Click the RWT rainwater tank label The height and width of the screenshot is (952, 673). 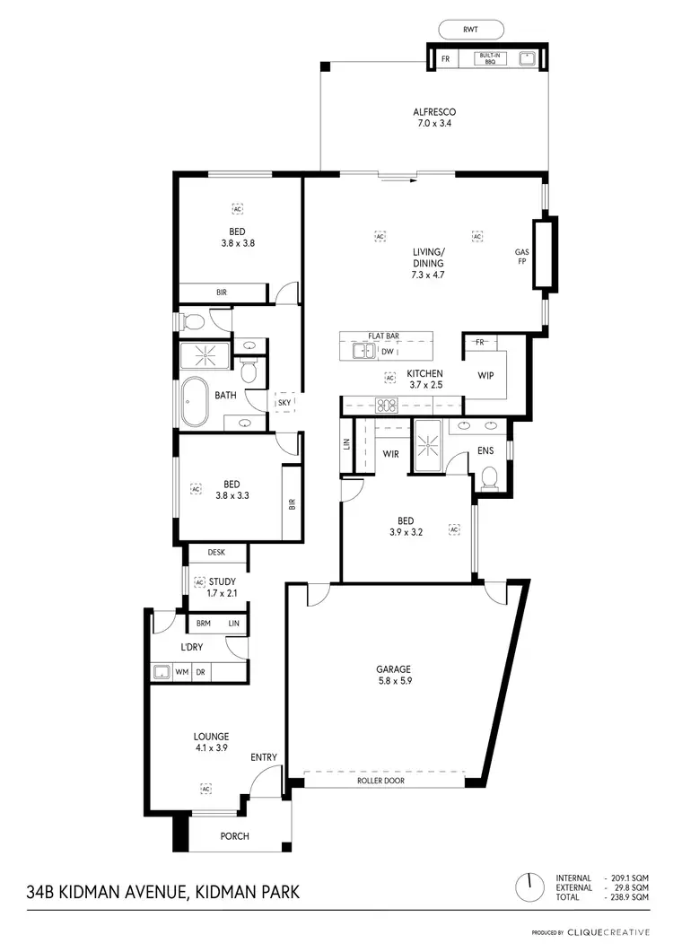470,30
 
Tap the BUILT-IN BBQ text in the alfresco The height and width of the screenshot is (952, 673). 490,59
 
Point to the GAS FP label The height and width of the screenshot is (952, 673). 521,258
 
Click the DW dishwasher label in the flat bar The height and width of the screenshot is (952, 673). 388,353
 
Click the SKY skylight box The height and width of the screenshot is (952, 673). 284,404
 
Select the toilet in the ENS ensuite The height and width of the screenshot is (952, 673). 490,477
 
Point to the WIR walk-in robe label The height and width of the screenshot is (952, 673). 390,454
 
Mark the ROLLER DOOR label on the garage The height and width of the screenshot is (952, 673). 385,782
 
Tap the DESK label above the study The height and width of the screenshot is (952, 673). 216,554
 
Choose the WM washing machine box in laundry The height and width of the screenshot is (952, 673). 182,671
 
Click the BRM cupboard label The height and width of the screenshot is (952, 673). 204,623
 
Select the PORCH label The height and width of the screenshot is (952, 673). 233,836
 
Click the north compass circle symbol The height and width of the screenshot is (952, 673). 529,886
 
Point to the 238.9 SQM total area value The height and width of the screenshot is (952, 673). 629,897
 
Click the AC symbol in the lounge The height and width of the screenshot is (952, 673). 205,789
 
